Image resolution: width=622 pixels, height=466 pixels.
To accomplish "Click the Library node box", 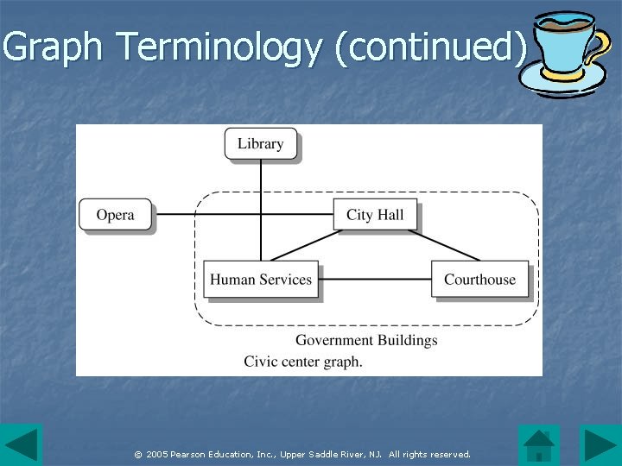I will pyautogui.click(x=260, y=143).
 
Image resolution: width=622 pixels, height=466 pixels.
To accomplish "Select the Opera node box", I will pyautogui.click(x=115, y=215).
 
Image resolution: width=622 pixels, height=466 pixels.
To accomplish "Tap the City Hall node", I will pyautogui.click(x=374, y=215).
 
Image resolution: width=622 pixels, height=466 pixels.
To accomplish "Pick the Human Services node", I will pyautogui.click(x=260, y=280).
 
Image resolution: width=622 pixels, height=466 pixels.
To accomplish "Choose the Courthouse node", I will pyautogui.click(x=479, y=280).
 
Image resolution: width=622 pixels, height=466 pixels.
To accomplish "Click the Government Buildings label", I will pyautogui.click(x=366, y=340).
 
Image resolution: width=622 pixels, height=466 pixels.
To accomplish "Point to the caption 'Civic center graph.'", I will pyautogui.click(x=303, y=362).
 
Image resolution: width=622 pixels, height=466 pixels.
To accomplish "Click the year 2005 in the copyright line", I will pyautogui.click(x=156, y=454).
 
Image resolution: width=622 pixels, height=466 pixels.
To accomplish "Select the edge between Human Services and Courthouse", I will pyautogui.click(x=375, y=280).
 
